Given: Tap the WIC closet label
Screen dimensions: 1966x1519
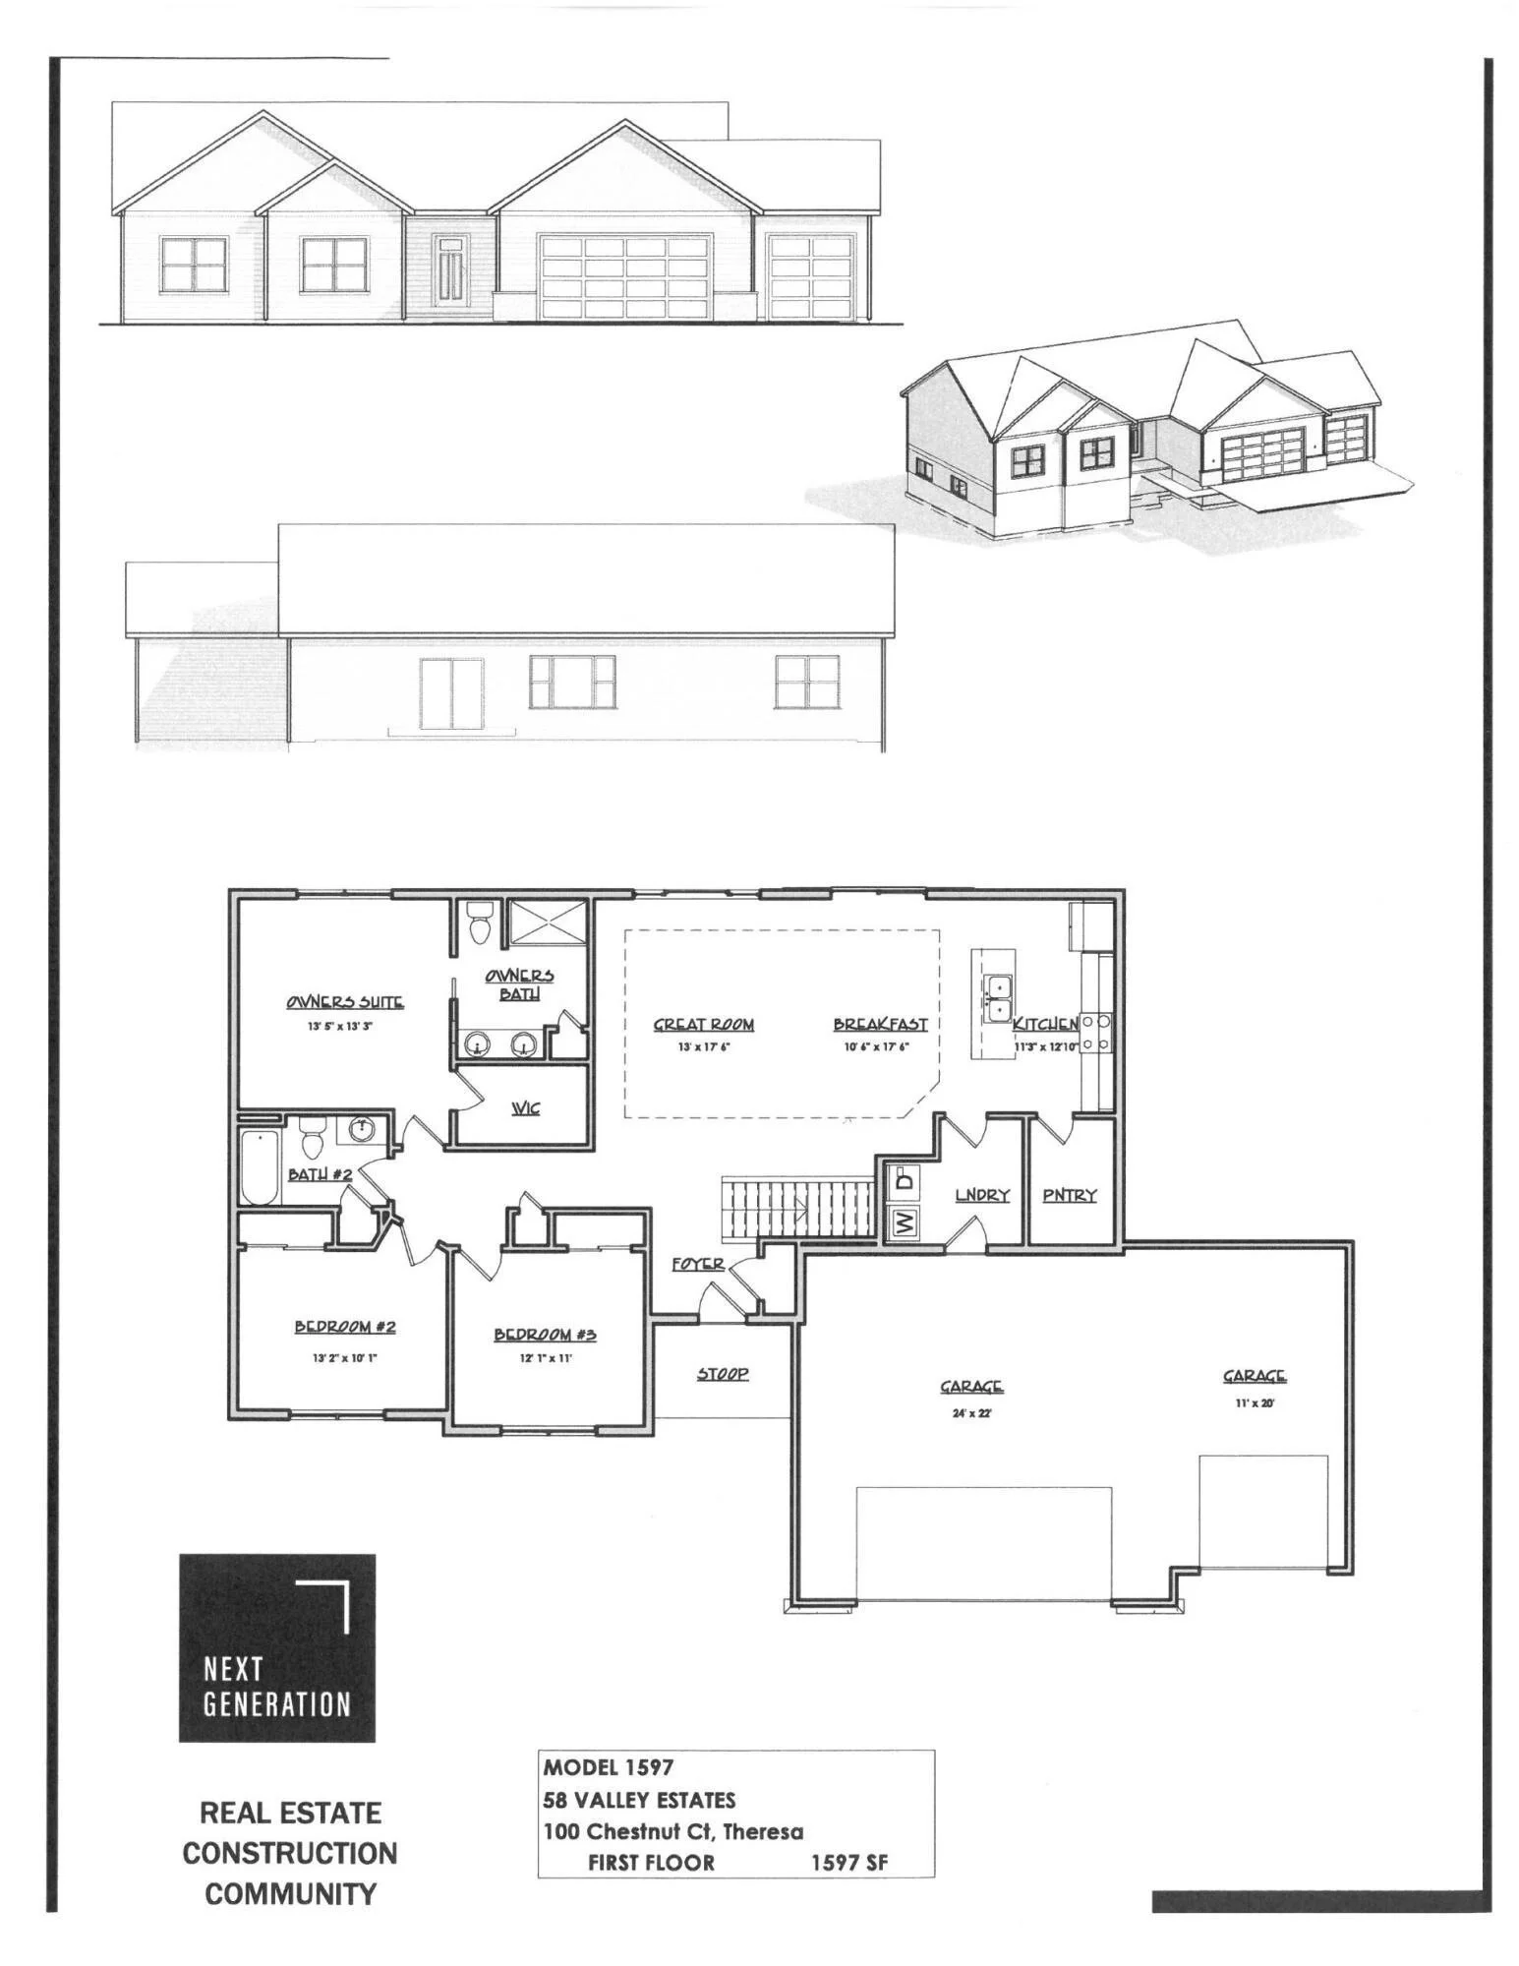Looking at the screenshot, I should coord(525,1108).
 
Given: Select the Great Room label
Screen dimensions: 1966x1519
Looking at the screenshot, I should coord(704,1025).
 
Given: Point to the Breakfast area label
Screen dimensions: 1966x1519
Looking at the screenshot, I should coord(880,1024).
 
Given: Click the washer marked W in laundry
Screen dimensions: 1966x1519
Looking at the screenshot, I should coord(904,1222).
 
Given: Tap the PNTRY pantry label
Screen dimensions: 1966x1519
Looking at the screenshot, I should coord(1069,1195).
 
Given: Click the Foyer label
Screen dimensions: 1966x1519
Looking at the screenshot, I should coord(698,1264).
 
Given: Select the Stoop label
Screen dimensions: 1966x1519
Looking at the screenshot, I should coord(723,1373).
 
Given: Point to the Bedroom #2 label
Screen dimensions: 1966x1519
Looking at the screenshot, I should coord(345,1327).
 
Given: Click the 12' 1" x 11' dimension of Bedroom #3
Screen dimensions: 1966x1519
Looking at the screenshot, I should coord(546,1358).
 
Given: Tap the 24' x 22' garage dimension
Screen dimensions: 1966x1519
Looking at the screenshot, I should coord(970,1413).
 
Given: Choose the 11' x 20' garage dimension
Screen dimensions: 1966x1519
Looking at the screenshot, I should coord(1255,1403).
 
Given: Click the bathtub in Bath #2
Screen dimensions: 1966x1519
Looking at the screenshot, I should coord(260,1167).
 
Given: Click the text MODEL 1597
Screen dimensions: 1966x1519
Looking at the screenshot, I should coord(609,1767).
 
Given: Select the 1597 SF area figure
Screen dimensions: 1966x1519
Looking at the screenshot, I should coord(849,1863).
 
